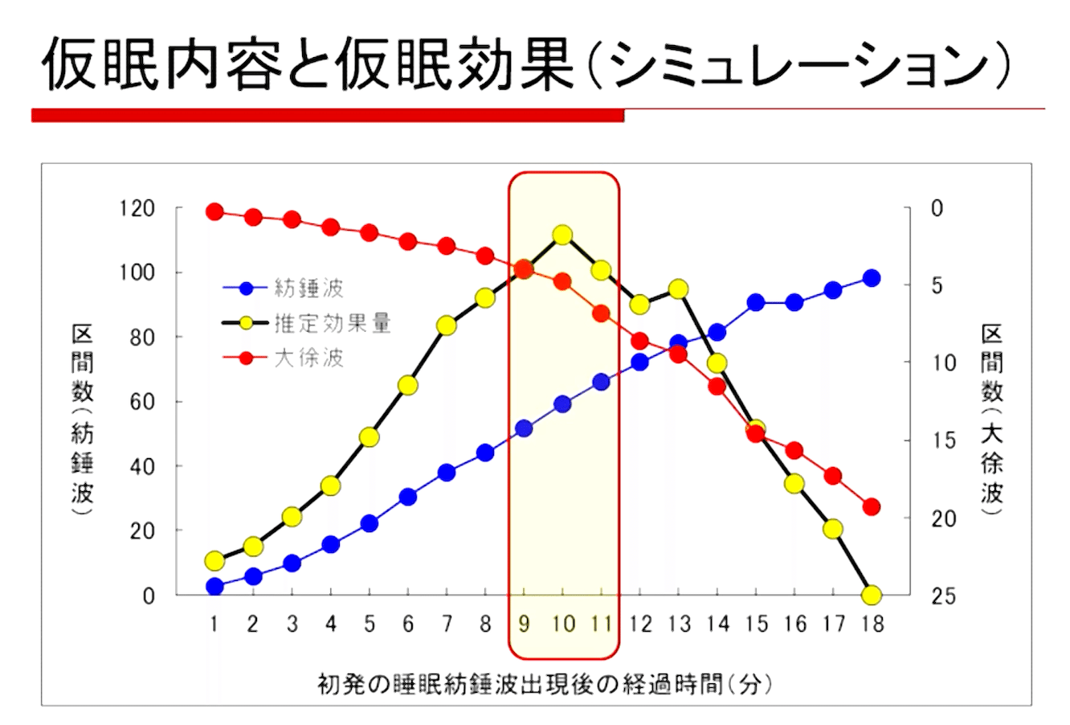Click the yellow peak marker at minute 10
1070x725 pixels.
562,235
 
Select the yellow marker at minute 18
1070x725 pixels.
871,596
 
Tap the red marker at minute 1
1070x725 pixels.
214,212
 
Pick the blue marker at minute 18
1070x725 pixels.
871,278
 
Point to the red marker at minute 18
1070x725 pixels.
871,507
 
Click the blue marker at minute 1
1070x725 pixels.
214,586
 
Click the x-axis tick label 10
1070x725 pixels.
562,624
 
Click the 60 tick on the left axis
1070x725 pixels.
141,402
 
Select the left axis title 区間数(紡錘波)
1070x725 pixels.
83,413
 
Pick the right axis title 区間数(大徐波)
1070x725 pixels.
993,413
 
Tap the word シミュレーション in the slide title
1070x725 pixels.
798,63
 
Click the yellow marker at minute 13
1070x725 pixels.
678,289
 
